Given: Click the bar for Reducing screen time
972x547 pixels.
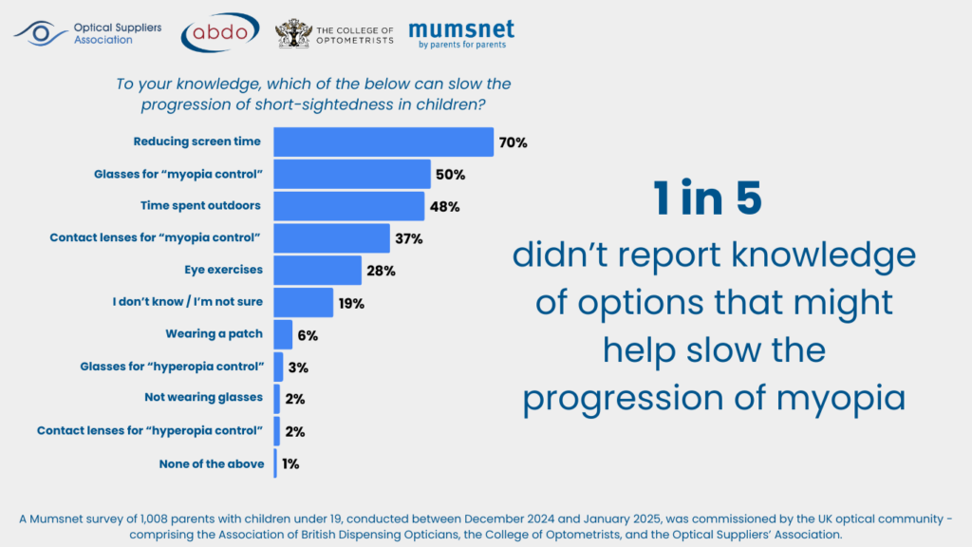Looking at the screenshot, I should point(383,141).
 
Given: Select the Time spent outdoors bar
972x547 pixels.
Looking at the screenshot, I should point(348,205).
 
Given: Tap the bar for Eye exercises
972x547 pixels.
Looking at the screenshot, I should point(317,270).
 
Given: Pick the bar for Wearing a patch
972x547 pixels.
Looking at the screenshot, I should point(283,334).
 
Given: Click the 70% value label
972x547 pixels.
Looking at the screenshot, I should point(513,142).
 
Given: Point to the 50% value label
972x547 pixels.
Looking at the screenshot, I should point(450,175).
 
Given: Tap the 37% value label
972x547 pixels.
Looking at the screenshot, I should point(409,238).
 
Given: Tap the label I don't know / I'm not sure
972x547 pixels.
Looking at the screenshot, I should point(187,302).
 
